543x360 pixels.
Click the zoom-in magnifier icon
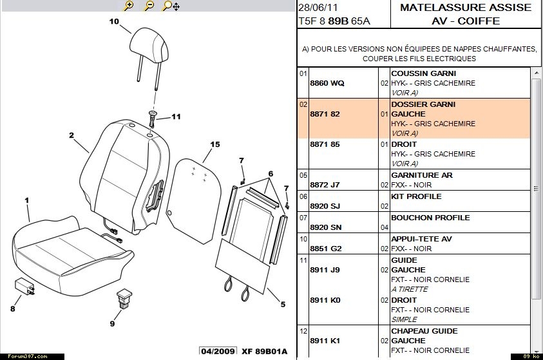pos(129,6)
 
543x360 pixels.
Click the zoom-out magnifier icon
pos(149,6)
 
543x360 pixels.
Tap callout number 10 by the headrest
pos(114,21)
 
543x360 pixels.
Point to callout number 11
pos(176,117)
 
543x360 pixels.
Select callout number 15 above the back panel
pos(215,144)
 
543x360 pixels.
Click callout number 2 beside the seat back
pos(71,136)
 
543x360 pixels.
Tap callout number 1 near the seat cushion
pos(27,201)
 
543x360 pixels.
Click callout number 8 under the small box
pos(12,308)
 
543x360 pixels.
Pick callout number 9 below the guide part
pos(112,323)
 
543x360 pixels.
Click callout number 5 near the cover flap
pos(282,304)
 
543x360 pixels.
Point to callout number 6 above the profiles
pos(271,174)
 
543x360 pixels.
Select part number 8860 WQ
pos(327,84)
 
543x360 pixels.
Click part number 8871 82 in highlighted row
pos(325,114)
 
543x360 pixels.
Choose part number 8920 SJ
pos(326,206)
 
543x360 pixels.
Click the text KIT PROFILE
pos(416,196)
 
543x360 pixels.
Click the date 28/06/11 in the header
pos(314,7)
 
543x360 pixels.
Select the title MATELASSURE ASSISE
pos(466,8)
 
